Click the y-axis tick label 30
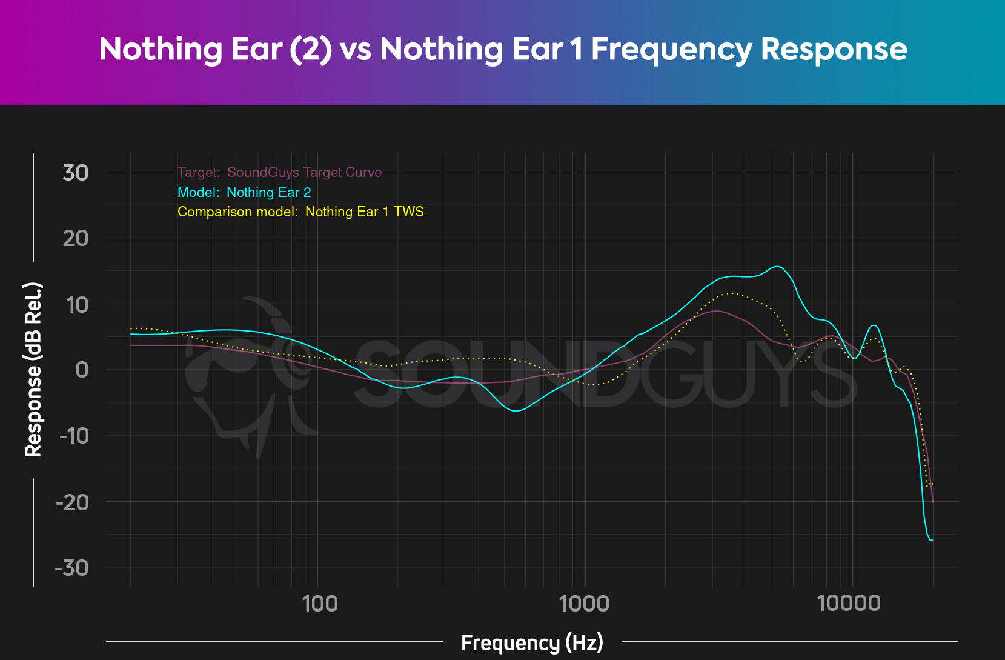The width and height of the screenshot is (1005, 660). point(75,173)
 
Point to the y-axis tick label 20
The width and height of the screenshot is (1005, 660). point(75,238)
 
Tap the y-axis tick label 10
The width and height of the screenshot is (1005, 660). point(76,305)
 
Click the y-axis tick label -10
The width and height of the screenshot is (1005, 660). point(74,436)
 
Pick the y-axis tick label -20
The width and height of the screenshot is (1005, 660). point(72,502)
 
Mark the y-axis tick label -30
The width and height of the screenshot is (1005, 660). point(71,568)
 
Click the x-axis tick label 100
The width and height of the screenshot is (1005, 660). point(320,604)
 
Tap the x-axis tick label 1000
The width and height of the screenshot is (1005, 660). point(584,604)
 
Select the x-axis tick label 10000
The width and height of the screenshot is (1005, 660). point(849,604)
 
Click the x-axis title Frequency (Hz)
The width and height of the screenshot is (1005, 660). point(532,642)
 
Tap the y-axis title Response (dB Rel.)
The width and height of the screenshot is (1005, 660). point(33,370)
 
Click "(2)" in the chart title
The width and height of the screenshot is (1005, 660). point(311,49)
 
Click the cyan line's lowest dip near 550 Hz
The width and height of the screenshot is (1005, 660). point(516,410)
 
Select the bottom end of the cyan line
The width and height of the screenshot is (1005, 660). point(932,540)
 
